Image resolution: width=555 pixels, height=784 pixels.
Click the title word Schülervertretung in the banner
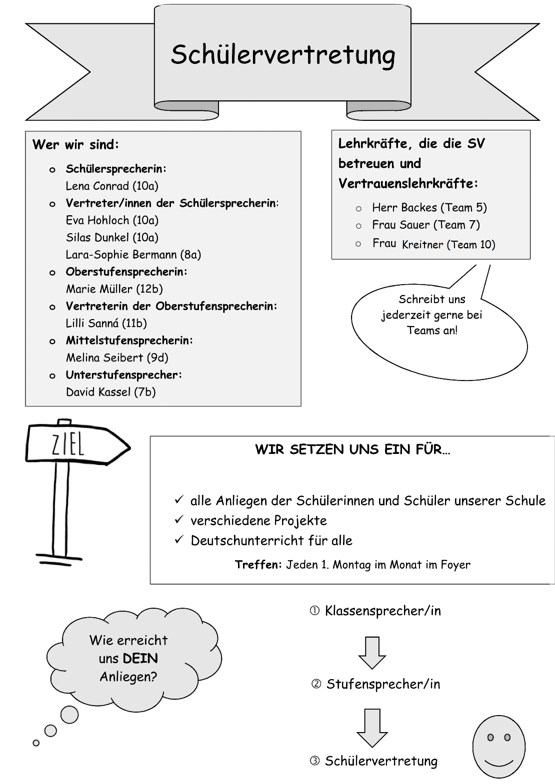(283, 55)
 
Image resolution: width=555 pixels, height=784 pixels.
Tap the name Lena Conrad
(97, 186)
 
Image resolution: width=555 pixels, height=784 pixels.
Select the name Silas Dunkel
(97, 237)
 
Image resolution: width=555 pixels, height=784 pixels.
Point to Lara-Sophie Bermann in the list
(121, 255)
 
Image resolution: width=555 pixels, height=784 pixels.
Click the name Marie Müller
(99, 289)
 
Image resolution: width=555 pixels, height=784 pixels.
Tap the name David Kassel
(98, 392)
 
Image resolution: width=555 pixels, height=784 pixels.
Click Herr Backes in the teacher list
(404, 208)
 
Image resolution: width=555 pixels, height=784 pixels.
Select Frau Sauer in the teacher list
(401, 225)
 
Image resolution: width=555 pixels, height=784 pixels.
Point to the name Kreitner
(422, 244)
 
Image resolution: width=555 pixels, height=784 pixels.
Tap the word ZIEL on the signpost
(68, 445)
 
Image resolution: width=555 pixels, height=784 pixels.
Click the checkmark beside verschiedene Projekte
(179, 519)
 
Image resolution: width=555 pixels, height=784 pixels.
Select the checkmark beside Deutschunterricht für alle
(179, 539)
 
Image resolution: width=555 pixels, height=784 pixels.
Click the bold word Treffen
(258, 564)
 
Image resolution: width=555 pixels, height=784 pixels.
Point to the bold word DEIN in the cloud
(139, 658)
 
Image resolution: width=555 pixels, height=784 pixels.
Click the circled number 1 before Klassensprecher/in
(314, 611)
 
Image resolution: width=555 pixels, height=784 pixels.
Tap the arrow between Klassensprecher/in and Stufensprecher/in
(372, 653)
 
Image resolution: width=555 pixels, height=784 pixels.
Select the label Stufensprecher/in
(383, 684)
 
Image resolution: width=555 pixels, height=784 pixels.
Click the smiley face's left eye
(490, 738)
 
